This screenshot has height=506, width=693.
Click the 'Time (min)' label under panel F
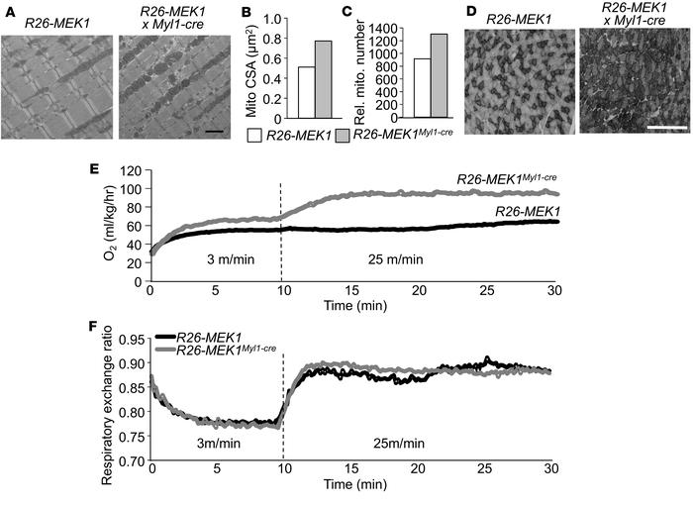click(352, 490)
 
